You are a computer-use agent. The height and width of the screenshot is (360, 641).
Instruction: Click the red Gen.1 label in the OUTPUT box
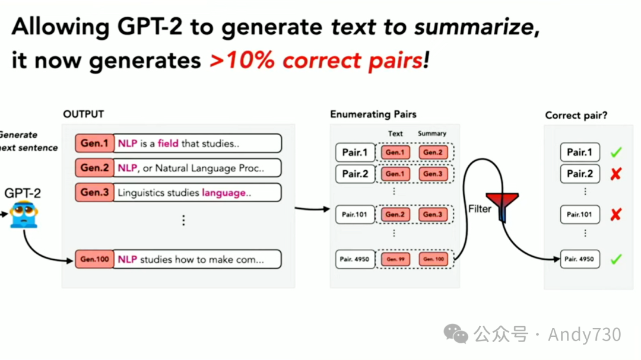click(x=94, y=144)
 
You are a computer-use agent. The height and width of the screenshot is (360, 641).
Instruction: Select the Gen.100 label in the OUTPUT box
click(x=94, y=259)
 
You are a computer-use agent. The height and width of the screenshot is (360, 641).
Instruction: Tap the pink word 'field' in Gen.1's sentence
click(x=168, y=144)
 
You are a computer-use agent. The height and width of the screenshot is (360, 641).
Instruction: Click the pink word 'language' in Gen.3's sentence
click(x=224, y=193)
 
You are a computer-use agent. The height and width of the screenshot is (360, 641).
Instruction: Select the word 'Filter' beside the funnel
click(x=480, y=209)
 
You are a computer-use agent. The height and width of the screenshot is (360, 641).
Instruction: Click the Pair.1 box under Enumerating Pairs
click(x=355, y=152)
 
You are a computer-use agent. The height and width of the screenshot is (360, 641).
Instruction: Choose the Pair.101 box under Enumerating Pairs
click(x=355, y=215)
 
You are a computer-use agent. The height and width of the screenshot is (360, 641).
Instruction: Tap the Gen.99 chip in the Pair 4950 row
click(x=395, y=259)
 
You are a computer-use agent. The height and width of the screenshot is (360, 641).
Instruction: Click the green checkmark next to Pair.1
click(x=616, y=152)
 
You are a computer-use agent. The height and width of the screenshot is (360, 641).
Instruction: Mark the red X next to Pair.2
click(x=615, y=174)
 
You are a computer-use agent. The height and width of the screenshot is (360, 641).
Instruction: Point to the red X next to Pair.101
click(x=615, y=215)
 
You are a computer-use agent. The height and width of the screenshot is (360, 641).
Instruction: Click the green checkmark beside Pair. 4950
click(x=616, y=259)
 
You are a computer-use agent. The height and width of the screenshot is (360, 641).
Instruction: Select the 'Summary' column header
click(x=431, y=133)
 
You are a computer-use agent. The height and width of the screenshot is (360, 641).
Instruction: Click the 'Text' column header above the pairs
click(x=395, y=133)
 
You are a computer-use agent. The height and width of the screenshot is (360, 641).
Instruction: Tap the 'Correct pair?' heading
click(x=576, y=116)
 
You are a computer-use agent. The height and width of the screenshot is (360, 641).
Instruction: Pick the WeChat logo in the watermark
click(x=456, y=334)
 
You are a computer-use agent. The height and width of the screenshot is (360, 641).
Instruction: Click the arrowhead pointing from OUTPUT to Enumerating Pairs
click(x=326, y=209)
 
